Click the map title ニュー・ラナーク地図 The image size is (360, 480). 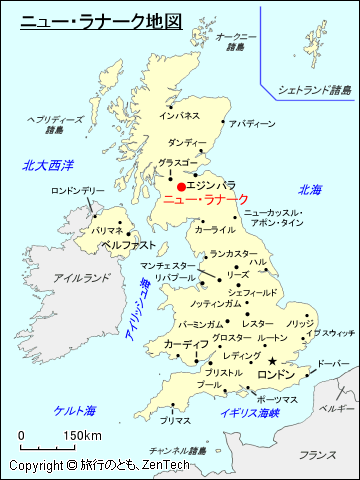(x=101, y=19)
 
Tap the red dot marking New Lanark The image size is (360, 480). (x=181, y=186)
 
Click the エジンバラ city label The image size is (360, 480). (x=211, y=185)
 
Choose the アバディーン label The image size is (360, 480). (x=251, y=124)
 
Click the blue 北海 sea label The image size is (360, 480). (x=310, y=189)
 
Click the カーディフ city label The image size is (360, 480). (x=185, y=344)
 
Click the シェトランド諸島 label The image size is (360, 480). (x=315, y=90)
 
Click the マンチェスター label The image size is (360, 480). (x=170, y=266)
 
